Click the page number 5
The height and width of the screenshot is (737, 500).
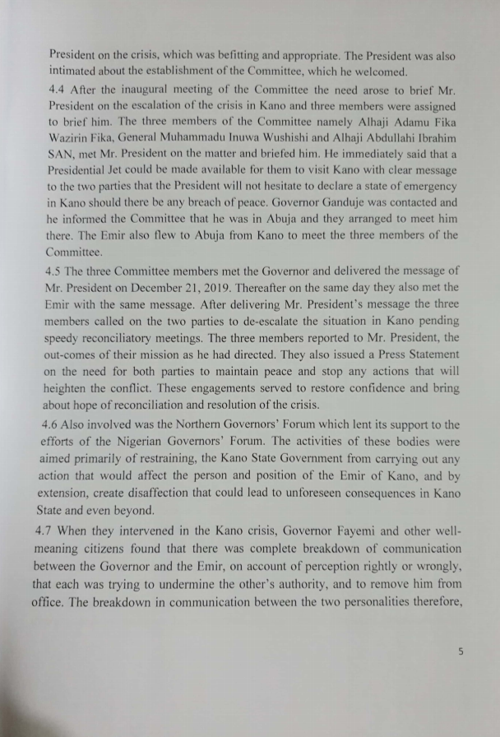pos(461,651)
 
